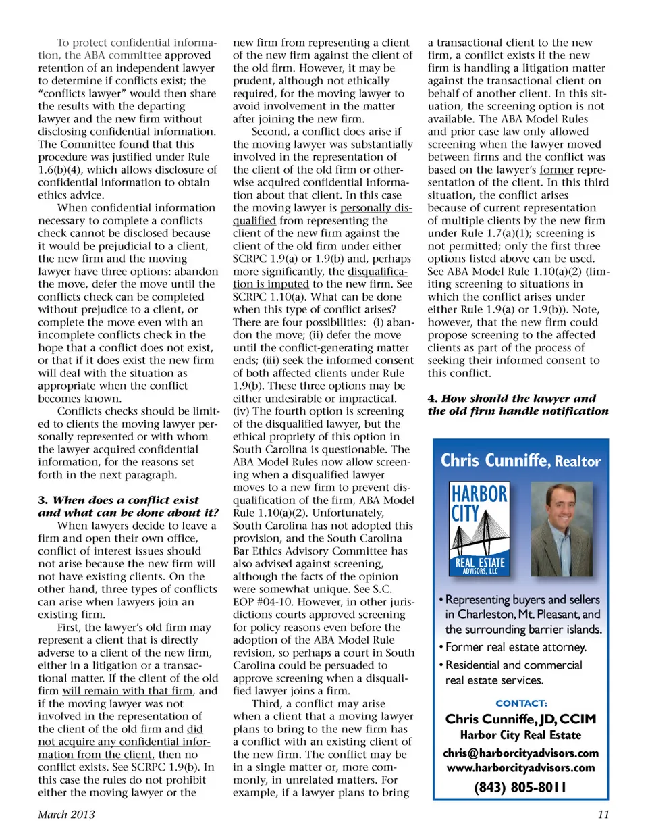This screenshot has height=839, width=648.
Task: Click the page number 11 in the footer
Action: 603,814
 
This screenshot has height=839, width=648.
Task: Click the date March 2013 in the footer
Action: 66,814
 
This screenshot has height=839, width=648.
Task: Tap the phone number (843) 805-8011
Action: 520,787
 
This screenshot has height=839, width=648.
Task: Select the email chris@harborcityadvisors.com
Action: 520,753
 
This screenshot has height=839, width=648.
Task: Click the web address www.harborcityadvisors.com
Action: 520,767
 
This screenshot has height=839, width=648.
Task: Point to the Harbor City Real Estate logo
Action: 479,529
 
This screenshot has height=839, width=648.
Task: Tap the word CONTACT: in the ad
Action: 521,703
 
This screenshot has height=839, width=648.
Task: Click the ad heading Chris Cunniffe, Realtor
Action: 520,461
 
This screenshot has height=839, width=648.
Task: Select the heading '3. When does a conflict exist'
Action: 119,500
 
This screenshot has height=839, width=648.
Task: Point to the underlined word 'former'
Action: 556,170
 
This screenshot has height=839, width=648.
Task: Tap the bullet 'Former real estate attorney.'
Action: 516,647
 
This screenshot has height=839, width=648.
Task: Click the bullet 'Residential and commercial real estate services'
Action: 513,672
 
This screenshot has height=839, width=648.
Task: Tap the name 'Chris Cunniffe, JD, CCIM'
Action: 520,719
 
